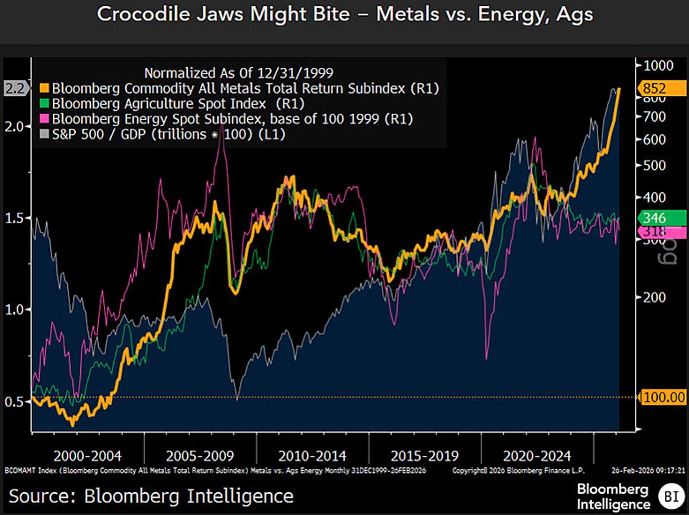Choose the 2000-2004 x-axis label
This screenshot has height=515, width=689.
[87, 456]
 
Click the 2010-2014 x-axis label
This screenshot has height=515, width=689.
[312, 456]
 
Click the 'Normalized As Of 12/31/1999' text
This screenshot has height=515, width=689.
[238, 73]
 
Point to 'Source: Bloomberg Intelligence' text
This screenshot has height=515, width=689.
[150, 495]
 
